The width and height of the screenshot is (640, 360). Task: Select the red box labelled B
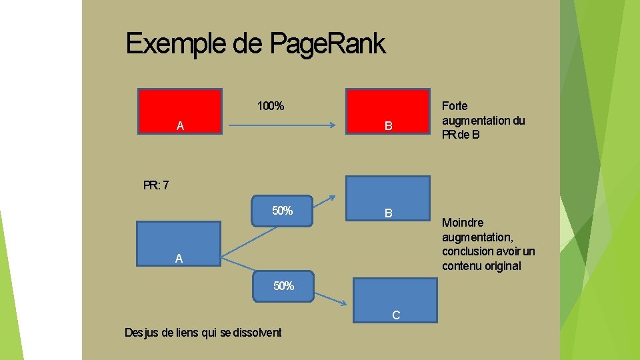coord(387,112)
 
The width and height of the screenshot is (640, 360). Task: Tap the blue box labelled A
coord(178,244)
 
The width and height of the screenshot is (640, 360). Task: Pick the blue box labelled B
coord(387,198)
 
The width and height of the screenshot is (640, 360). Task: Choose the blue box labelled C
coord(395,300)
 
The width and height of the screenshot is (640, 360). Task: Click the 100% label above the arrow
coord(271,106)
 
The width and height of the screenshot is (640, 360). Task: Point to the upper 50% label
coord(282,211)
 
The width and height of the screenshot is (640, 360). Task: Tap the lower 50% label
coord(283,286)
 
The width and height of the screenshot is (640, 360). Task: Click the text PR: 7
coord(156,185)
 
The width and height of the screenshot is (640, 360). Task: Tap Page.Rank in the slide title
coord(327,45)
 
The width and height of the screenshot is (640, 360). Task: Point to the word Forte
coord(455,106)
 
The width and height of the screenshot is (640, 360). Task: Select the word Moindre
coord(463,223)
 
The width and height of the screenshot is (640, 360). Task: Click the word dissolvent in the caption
coord(257,333)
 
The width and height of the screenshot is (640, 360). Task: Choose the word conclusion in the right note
coord(467,251)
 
